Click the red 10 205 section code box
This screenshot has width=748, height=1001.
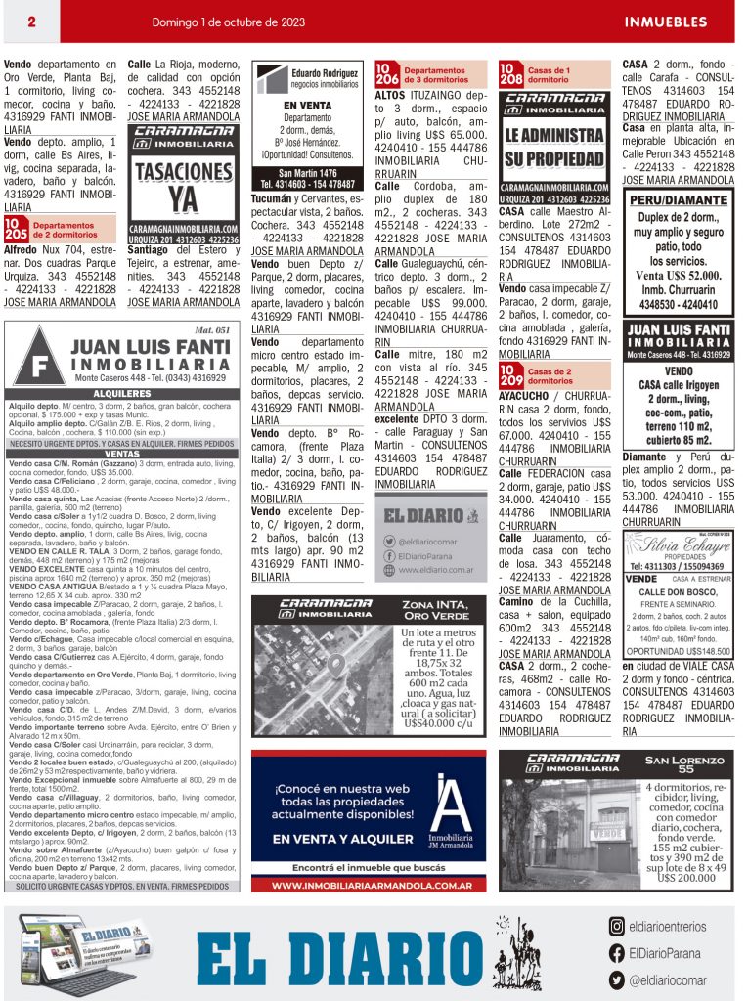click(16, 230)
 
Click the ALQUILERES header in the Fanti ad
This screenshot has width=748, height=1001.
click(121, 392)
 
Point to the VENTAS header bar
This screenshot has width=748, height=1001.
click(121, 455)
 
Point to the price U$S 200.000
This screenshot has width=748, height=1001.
click(686, 878)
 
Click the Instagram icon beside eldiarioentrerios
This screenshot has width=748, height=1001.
click(616, 927)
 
